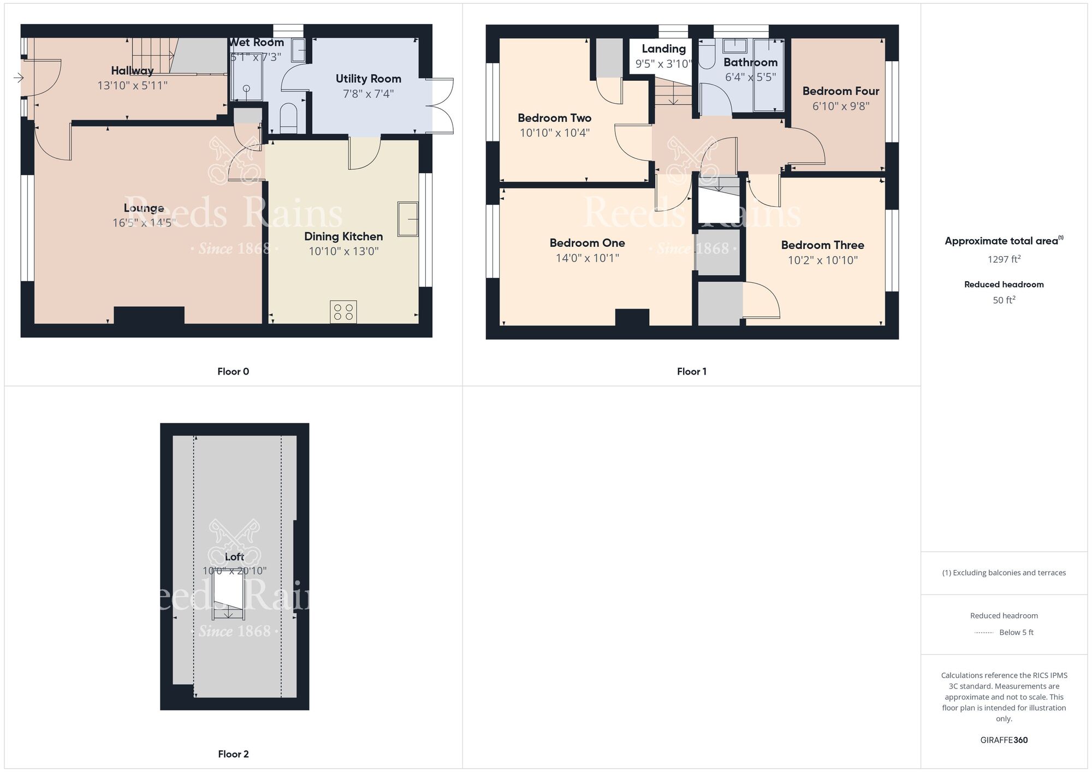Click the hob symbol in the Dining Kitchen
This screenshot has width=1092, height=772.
click(x=343, y=312)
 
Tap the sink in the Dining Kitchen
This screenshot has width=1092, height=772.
click(x=407, y=219)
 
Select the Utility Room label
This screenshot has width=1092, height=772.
click(x=368, y=79)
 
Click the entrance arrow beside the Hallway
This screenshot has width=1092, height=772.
click(x=19, y=78)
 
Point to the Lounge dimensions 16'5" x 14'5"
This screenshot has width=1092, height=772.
click(x=144, y=223)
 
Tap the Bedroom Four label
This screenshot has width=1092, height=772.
click(x=840, y=91)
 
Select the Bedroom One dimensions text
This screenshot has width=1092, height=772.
click(x=587, y=258)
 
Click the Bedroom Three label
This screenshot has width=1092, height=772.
click(x=822, y=245)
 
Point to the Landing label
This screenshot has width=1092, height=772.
click(x=663, y=49)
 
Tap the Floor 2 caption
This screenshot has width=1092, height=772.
click(x=233, y=754)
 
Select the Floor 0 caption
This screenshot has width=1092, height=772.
click(x=233, y=371)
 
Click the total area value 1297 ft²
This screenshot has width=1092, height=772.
click(x=1004, y=259)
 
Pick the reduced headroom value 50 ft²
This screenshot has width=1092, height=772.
click(x=1004, y=300)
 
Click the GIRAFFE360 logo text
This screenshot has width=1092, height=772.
click(x=1004, y=740)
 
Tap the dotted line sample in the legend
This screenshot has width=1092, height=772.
click(x=984, y=633)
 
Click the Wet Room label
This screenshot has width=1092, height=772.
click(x=256, y=43)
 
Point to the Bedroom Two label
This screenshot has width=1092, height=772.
click(x=554, y=118)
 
